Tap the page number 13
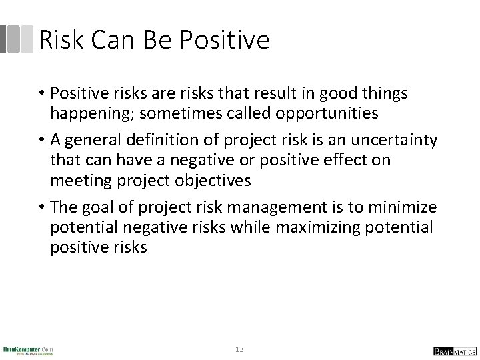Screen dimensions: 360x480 click(240, 349)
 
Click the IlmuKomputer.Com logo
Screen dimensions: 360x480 click(28, 350)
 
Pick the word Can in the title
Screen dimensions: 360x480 click(111, 40)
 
